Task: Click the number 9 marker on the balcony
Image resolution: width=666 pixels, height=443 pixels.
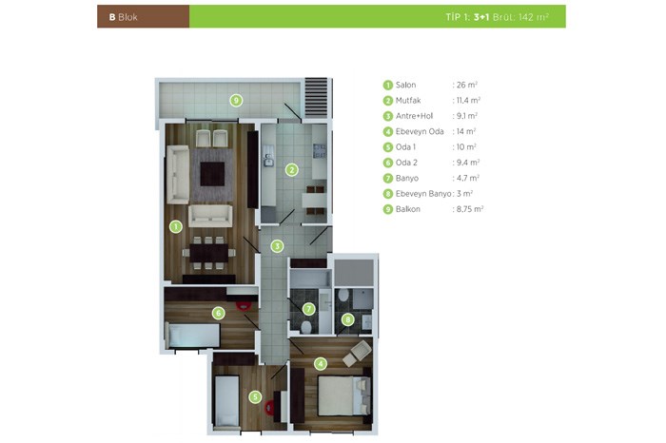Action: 236,101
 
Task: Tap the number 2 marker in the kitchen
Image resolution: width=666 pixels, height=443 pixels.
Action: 291,170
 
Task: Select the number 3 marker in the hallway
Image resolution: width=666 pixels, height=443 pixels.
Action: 277,246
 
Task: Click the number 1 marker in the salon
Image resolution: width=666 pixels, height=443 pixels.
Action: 175,226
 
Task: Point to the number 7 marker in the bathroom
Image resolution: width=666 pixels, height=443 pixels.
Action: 309,309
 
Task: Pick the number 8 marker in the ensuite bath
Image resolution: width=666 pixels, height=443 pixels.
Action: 348,319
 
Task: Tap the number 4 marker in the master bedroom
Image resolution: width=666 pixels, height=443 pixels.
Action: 321,364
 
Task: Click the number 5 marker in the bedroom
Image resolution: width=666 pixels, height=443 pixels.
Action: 255,397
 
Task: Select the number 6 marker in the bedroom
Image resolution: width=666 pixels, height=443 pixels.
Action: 218,313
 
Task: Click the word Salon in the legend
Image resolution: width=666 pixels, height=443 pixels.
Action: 405,85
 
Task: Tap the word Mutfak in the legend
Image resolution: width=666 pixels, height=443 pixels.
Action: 408,101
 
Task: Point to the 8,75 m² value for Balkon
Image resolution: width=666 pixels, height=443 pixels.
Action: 470,209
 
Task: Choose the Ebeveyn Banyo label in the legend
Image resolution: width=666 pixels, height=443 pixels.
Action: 423,194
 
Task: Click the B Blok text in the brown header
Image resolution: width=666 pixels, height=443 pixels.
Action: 123,17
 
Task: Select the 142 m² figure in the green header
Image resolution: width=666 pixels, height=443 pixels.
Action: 534,17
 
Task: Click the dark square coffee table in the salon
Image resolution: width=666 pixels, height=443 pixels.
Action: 212,174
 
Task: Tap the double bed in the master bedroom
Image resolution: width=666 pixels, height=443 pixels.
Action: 344,395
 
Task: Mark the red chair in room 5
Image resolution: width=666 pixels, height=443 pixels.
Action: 269,408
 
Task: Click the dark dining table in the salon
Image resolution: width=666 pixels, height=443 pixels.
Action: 209,253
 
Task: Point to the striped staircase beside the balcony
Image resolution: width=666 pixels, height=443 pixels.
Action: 317,98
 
